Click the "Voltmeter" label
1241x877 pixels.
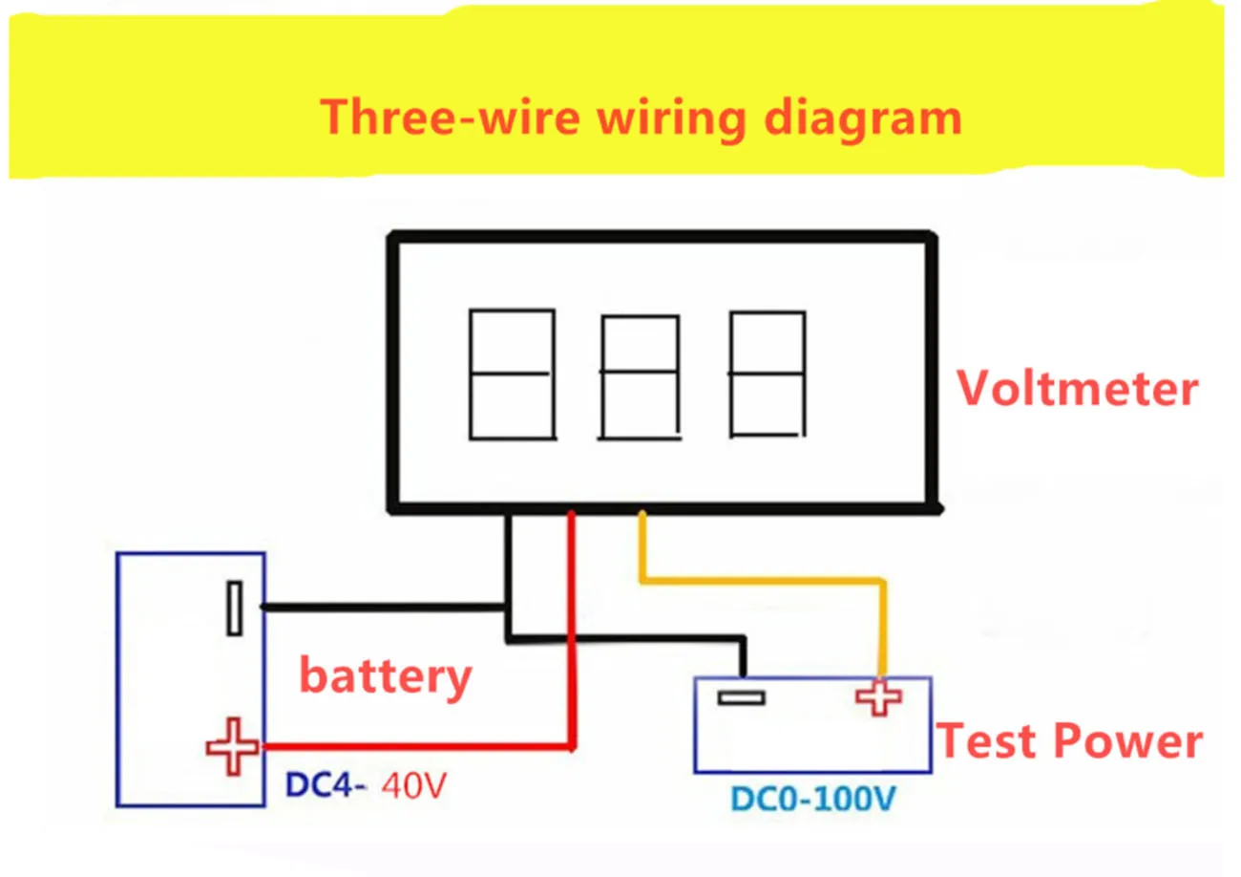point(1078,388)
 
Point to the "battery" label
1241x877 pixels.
point(386,675)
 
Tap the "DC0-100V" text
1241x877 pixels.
point(812,797)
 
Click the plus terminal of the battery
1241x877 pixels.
point(232,747)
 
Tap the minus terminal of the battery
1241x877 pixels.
point(234,609)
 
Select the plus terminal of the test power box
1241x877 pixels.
point(878,697)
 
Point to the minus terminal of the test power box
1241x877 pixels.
point(741,698)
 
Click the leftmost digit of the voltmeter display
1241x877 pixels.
point(512,374)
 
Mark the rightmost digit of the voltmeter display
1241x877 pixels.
point(767,374)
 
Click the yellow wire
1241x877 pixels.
point(764,579)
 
